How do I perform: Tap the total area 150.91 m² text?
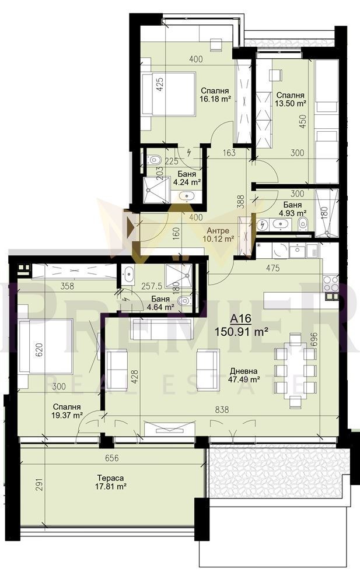click(x=242, y=332)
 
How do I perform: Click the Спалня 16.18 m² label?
click(x=214, y=95)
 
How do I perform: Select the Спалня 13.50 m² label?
click(x=291, y=99)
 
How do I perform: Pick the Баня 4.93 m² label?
click(x=292, y=209)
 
